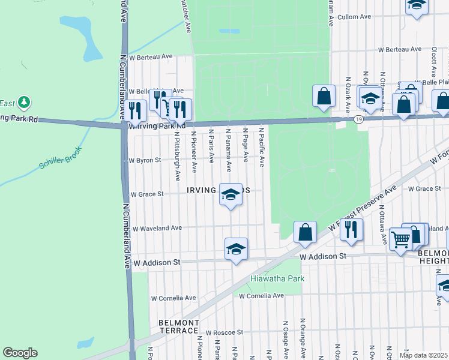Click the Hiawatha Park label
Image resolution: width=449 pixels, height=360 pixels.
click(277, 278)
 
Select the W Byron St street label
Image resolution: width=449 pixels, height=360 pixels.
click(145, 160)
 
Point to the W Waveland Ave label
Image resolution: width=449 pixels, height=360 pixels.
click(157, 228)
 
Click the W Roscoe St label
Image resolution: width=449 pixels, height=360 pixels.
click(224, 332)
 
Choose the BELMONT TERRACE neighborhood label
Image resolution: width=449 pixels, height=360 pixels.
click(178, 326)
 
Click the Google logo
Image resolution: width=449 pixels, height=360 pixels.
click(20, 353)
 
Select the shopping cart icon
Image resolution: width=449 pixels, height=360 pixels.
click(400, 238)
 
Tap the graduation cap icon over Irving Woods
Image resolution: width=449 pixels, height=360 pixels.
click(231, 194)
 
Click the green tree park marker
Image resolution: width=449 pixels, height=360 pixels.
click(24, 103)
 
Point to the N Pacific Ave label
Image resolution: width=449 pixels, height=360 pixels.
click(261, 146)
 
